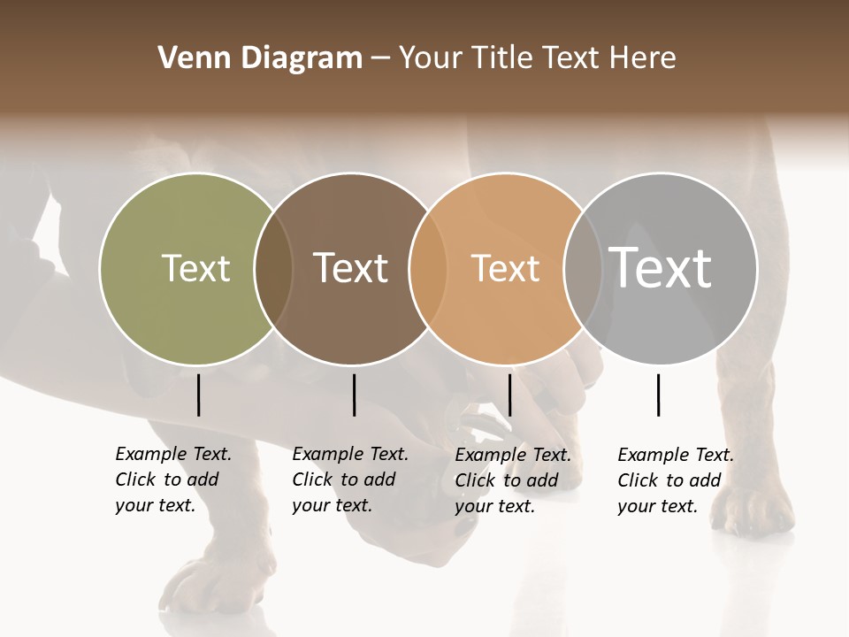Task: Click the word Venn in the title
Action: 184,58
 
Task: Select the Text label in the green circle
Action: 195,268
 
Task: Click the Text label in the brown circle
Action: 350,268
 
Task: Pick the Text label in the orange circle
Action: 505,268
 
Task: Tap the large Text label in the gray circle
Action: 661,268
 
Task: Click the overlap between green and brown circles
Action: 273,268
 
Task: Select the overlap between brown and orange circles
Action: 428,268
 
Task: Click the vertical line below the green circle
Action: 199,395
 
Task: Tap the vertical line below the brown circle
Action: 354,395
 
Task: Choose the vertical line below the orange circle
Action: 509,395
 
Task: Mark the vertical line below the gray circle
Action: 658,395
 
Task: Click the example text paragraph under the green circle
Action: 172,480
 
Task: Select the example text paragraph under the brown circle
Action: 349,480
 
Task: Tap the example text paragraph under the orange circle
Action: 512,480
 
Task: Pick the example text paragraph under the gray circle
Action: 675,480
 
